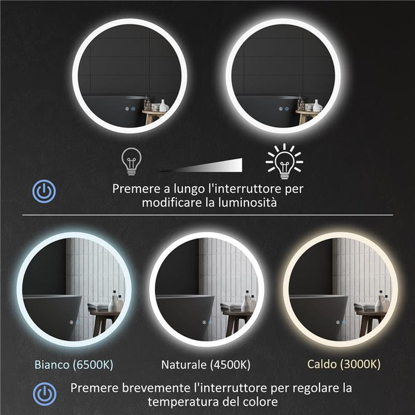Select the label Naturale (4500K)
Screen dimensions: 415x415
[205, 363]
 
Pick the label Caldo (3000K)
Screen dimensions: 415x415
[343, 363]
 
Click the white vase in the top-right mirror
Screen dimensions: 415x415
[317, 105]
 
